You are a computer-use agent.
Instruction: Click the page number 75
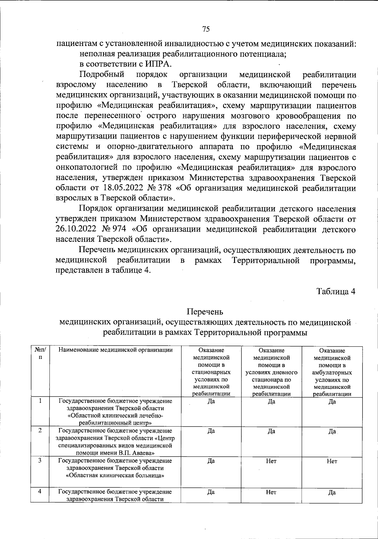[206, 29]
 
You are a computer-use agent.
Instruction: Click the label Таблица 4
[336, 292]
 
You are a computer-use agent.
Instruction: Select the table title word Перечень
[205, 312]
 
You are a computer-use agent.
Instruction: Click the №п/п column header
[40, 353]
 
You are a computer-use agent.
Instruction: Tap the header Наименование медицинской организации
[116, 350]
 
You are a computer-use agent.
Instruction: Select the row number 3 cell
[40, 460]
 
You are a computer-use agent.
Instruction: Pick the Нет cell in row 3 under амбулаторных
[332, 461]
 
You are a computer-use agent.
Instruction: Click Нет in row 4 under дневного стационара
[271, 492]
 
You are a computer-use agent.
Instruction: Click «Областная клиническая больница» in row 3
[115, 475]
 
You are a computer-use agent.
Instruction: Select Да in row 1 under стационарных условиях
[211, 401]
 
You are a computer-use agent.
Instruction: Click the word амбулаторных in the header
[332, 372]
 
